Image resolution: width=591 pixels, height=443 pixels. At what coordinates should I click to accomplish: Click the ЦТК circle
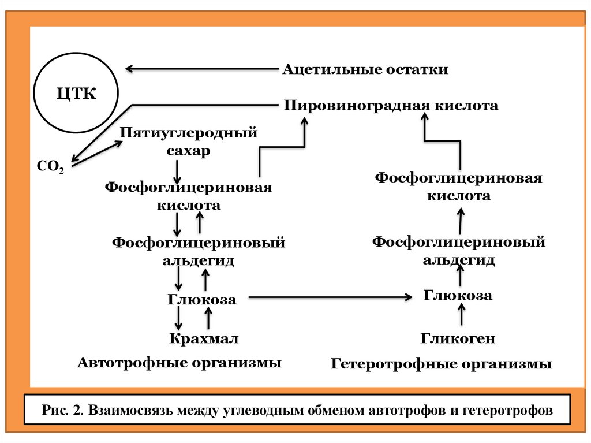point(76,93)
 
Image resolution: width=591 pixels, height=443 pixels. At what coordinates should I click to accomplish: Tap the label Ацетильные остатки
point(365,70)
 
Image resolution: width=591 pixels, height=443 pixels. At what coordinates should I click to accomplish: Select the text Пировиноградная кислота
point(391,106)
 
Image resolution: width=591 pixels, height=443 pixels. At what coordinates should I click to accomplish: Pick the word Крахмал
point(204,337)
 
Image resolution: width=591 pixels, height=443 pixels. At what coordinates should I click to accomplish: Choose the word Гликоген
point(458,338)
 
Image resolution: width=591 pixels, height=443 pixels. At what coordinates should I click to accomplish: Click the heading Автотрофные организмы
point(179,363)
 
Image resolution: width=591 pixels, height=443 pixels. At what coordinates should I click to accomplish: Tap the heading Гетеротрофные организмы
point(442,365)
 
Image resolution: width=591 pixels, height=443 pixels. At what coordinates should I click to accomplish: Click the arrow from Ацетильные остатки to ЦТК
point(202,69)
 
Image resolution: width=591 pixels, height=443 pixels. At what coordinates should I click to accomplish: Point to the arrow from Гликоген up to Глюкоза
point(461,316)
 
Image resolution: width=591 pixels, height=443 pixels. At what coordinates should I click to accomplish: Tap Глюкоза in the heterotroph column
point(458,296)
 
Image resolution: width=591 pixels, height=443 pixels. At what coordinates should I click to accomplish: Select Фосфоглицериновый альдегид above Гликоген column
point(459,250)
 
